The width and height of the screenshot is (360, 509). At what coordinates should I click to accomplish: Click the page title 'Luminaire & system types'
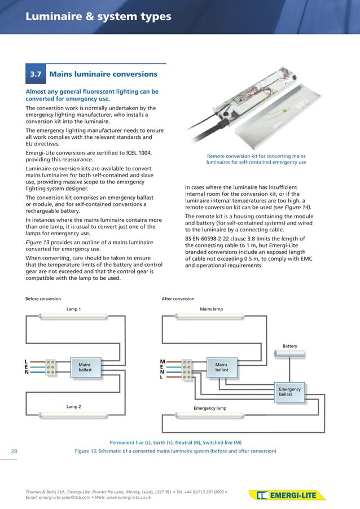click(98, 17)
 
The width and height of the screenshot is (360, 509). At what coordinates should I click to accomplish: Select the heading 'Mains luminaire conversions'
click(103, 74)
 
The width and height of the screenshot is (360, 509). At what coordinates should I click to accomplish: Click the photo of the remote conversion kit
click(257, 107)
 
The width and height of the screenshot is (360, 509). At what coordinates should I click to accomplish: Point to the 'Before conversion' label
click(43, 299)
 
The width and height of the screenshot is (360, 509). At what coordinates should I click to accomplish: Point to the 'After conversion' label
click(178, 299)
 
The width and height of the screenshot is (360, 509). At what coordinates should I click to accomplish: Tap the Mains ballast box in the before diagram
click(84, 367)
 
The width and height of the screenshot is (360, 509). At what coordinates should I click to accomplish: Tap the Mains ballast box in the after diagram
click(221, 367)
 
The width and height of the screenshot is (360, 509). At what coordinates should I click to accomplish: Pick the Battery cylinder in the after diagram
click(289, 354)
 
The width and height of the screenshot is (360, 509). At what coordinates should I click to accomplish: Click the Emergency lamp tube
click(210, 415)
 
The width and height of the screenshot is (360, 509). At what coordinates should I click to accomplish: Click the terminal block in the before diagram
click(50, 367)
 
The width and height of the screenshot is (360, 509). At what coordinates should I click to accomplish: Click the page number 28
click(14, 451)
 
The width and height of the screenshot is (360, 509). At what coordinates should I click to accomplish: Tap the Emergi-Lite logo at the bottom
click(287, 496)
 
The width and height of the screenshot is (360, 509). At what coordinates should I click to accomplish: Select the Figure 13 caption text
click(175, 451)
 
